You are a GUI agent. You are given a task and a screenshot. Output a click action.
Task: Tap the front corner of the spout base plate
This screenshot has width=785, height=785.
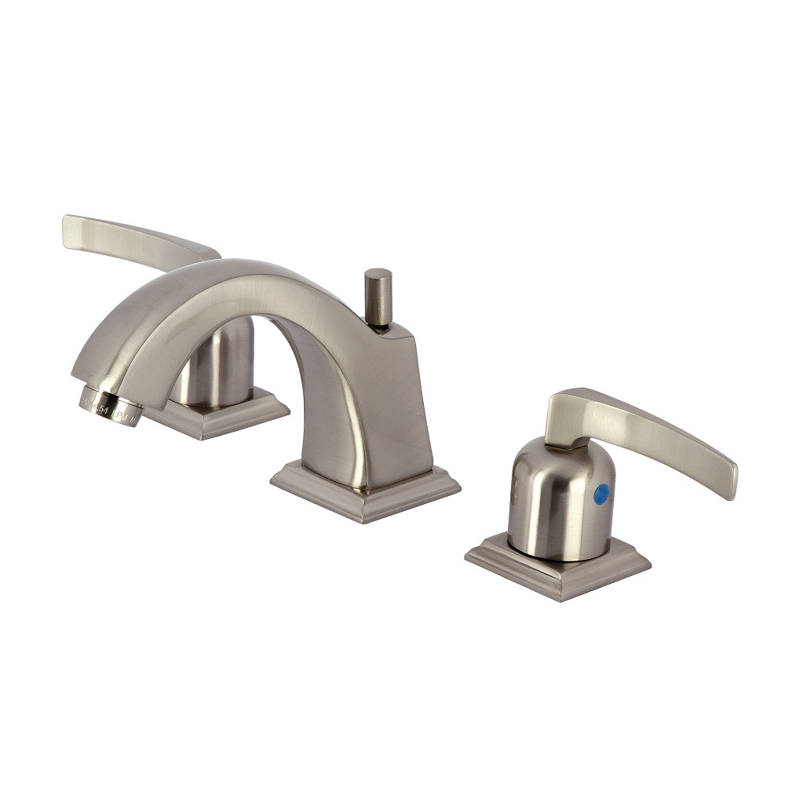(x=365, y=518)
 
